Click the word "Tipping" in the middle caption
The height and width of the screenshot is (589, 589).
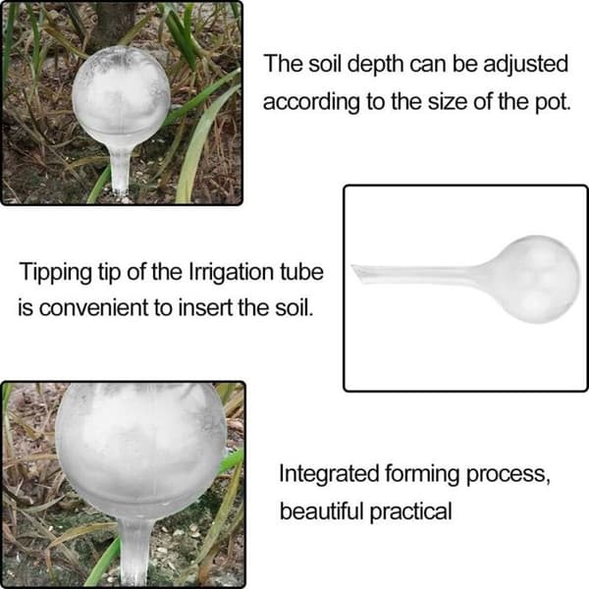click(55, 273)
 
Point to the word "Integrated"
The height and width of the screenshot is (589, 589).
click(329, 475)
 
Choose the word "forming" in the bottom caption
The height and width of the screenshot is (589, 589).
click(422, 475)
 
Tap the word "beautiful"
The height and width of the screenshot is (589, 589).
click(322, 511)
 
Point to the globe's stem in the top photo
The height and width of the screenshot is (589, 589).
click(121, 171)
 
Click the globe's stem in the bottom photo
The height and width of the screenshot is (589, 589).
click(134, 552)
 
